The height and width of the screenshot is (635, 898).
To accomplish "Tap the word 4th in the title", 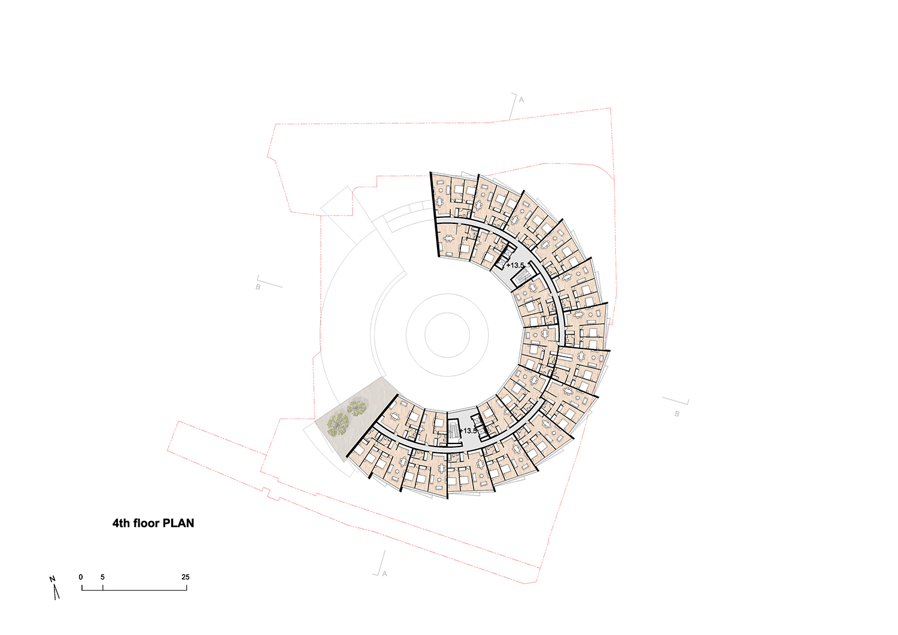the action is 121,523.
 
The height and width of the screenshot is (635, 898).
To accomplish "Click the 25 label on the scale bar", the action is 185,577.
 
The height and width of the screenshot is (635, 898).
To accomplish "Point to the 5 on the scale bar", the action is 102,577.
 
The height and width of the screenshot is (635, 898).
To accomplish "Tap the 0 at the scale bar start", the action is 81,577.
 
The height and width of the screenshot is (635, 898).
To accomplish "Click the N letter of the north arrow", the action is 52,579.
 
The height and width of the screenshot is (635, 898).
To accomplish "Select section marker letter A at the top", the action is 521,99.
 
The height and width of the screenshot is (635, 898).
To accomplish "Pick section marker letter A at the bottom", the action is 384,574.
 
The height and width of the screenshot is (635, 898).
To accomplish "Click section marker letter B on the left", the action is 258,287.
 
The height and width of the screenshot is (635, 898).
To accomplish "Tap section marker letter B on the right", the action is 676,414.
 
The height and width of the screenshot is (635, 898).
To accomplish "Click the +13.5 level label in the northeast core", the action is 515,265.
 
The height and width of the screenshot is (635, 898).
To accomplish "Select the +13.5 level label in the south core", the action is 468,431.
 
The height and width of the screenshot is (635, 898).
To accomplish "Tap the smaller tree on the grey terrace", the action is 356,408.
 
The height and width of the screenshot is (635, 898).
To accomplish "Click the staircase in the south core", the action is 454,430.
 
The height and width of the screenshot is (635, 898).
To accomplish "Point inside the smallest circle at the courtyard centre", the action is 447,335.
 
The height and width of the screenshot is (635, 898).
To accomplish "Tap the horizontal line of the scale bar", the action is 134,590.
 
